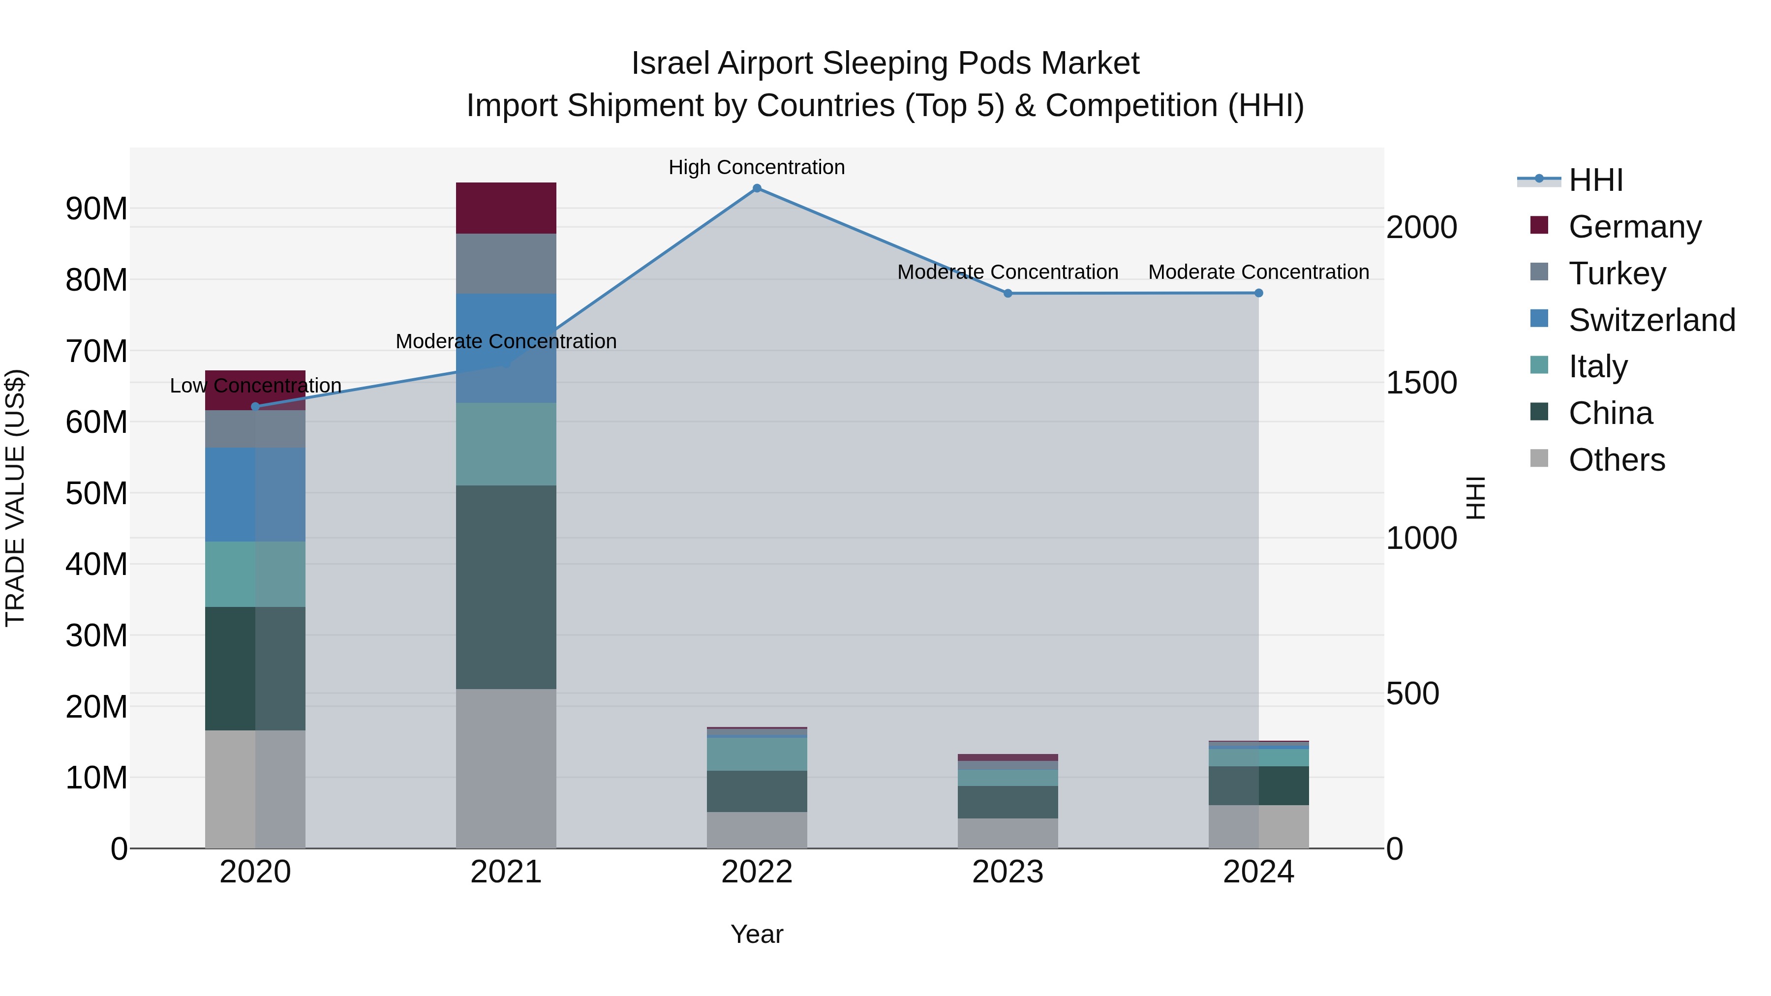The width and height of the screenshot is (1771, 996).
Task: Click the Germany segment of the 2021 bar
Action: (x=506, y=208)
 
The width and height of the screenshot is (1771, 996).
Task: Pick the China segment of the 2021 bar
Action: (x=506, y=587)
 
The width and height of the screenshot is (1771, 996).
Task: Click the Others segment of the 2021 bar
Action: (x=506, y=768)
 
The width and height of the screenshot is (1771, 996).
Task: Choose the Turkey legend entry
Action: (x=1617, y=273)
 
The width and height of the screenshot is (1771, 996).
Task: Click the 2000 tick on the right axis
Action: (x=1421, y=228)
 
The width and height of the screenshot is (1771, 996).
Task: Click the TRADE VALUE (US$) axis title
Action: (x=15, y=498)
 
